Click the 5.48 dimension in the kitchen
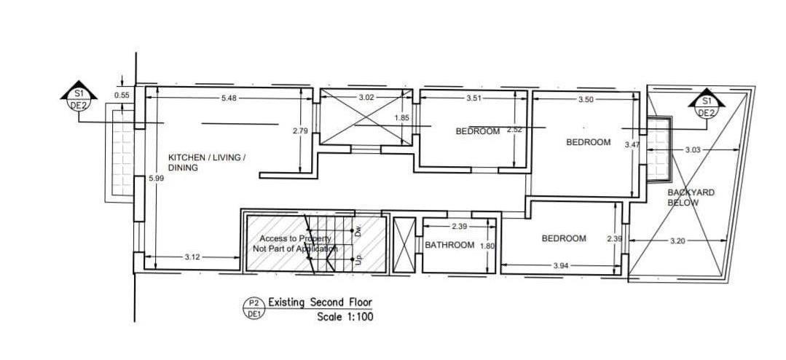(x=229, y=98)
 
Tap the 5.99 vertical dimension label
(x=157, y=178)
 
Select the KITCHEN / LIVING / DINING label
(x=207, y=163)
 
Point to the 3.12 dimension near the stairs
(x=192, y=257)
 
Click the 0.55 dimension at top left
(x=122, y=95)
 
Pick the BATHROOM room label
(x=449, y=245)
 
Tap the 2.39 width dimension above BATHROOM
(x=460, y=227)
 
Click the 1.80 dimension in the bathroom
(x=487, y=246)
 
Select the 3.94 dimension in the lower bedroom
(x=562, y=266)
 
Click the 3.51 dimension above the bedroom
(x=473, y=98)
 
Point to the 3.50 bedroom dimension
(x=586, y=99)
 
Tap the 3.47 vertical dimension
(x=632, y=145)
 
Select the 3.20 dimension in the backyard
(x=677, y=240)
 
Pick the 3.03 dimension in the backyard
(x=693, y=149)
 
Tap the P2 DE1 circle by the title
(x=254, y=308)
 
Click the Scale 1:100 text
(x=345, y=317)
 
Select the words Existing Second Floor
(x=321, y=302)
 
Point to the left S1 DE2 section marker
(x=79, y=100)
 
